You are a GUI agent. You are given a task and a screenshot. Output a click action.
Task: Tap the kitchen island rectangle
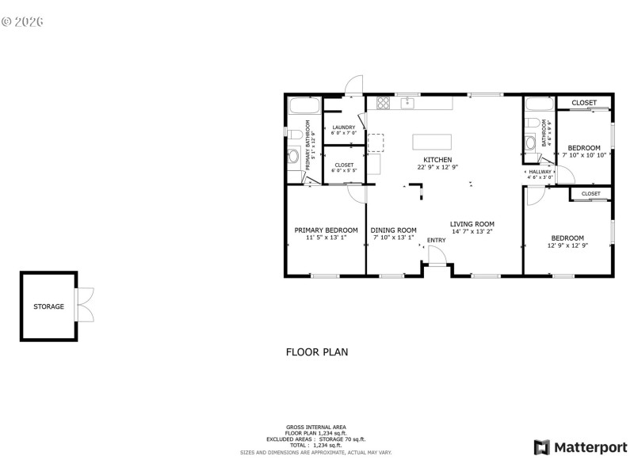pos(432,142)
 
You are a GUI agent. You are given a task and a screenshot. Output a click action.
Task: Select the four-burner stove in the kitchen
pos(384,102)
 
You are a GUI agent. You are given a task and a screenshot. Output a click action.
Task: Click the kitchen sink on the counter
pos(408,102)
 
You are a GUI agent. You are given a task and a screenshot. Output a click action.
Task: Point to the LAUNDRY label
pos(344,127)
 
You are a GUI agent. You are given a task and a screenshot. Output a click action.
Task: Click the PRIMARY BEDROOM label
pos(326,230)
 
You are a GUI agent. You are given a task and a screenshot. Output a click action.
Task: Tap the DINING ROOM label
pos(394,230)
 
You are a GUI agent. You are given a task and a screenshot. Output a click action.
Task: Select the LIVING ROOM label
pos(472,224)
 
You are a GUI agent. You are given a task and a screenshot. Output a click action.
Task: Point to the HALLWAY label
pos(540,172)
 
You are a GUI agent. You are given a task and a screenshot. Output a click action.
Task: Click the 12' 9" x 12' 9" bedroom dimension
pos(567,245)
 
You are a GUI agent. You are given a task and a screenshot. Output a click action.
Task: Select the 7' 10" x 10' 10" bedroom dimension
pos(584,155)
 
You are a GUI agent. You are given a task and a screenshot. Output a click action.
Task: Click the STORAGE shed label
pos(48,306)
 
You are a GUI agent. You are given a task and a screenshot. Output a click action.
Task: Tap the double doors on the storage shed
pos(86,305)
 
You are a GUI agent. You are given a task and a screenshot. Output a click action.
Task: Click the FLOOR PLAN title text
pos(316,352)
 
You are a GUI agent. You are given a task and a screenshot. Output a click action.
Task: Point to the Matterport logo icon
pos(543,447)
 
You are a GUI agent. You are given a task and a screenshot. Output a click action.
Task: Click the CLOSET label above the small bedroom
pos(584,103)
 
